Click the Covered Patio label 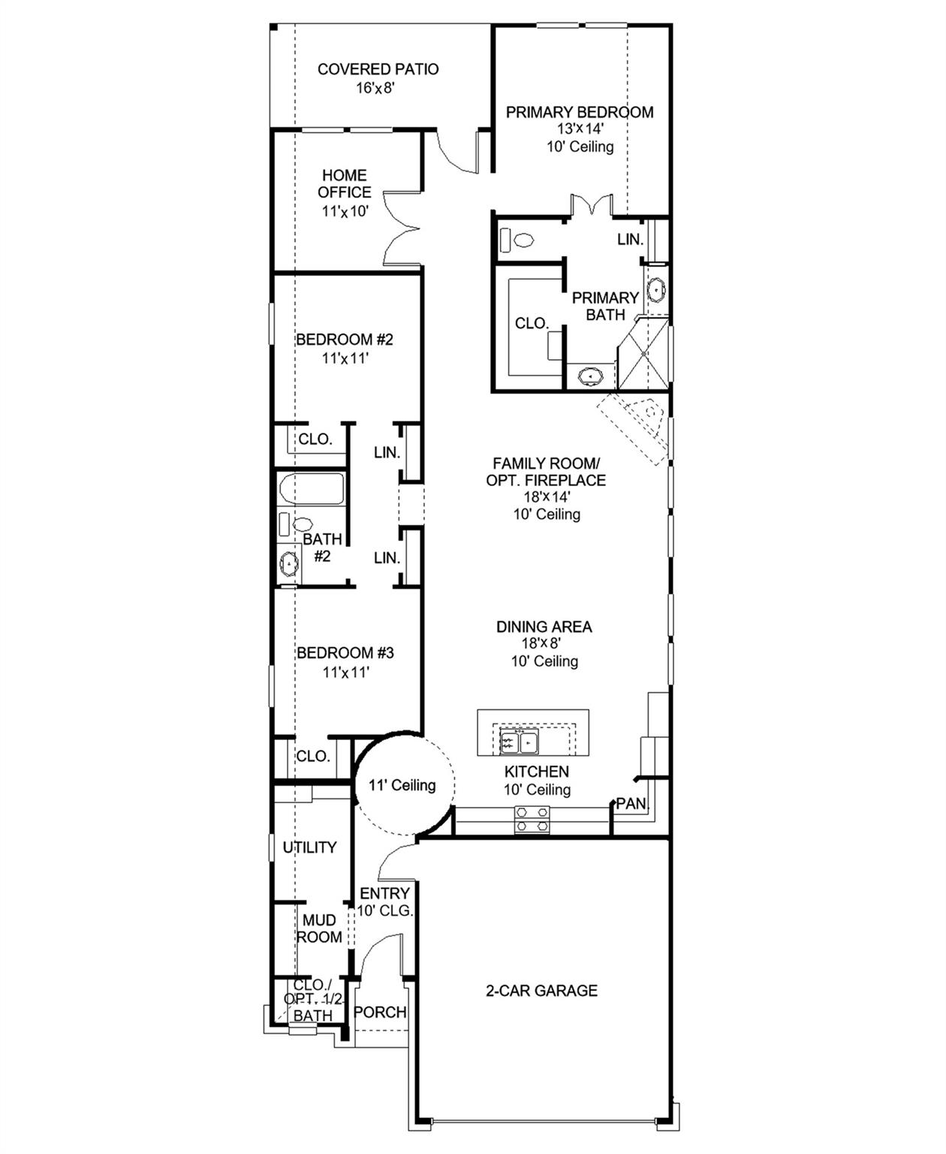click(378, 69)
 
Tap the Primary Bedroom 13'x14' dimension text click(580, 129)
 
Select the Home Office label click(345, 183)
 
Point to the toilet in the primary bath click(517, 240)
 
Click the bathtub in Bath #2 click(312, 489)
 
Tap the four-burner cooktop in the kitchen click(532, 819)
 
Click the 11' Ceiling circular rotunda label click(402, 785)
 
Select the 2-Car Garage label click(541, 991)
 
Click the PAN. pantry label click(631, 803)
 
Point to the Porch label click(380, 1012)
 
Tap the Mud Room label click(319, 929)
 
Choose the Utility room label click(309, 847)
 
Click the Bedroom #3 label click(345, 653)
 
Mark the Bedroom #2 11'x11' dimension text click(345, 359)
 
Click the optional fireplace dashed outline click(633, 429)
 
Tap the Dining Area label click(544, 627)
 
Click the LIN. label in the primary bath click(630, 240)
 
